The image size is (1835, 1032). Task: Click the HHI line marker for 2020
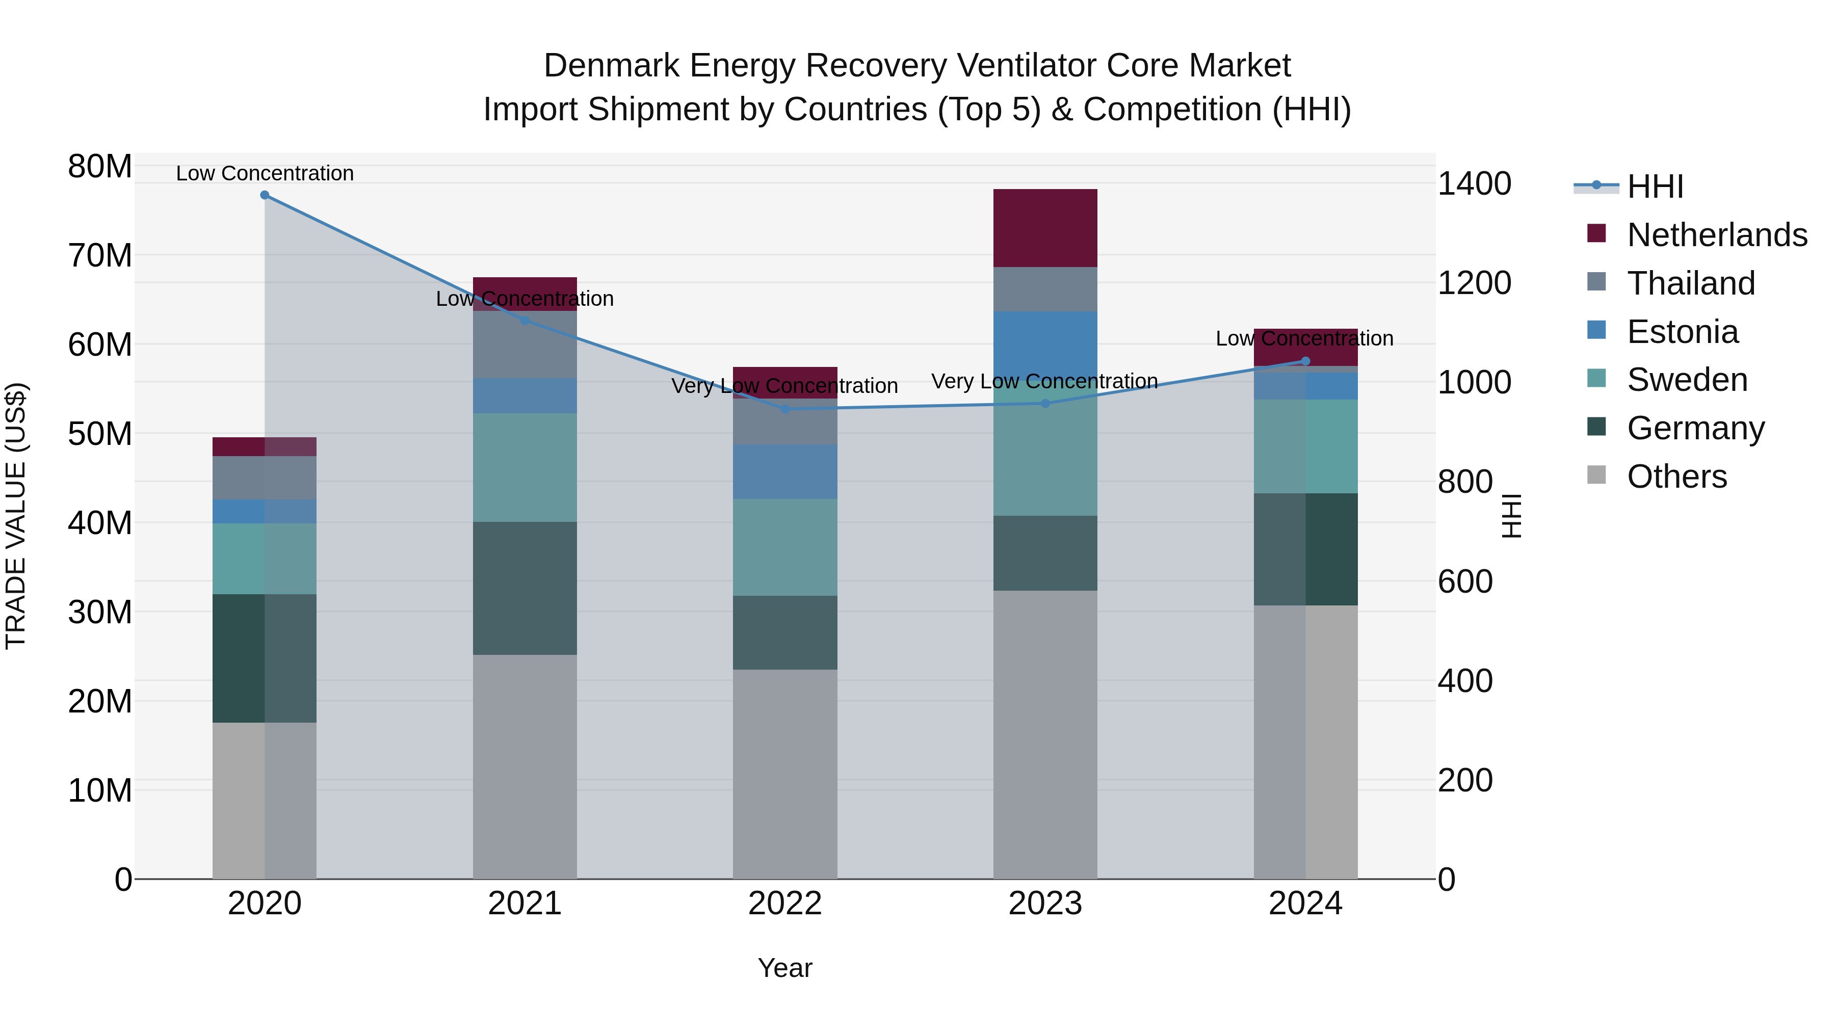264,195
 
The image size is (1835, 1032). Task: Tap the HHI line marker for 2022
785,409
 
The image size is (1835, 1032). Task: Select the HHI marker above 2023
1045,403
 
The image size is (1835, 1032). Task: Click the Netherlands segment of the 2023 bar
1045,228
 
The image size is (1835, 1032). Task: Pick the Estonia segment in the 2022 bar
785,471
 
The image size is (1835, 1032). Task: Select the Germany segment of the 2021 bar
525,588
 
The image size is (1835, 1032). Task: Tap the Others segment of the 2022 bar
785,774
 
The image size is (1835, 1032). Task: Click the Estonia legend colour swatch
1596,330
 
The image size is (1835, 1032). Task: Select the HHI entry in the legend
1655,187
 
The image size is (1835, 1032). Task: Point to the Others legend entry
1677,477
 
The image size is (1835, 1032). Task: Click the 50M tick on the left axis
100,434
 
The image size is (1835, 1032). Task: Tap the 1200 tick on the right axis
1474,283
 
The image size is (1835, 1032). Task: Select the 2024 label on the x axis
1305,904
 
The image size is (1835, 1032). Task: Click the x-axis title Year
785,968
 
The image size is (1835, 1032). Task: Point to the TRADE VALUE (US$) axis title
16,516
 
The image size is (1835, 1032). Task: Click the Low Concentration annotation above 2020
264,173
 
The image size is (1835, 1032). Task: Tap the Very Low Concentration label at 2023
1044,381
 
